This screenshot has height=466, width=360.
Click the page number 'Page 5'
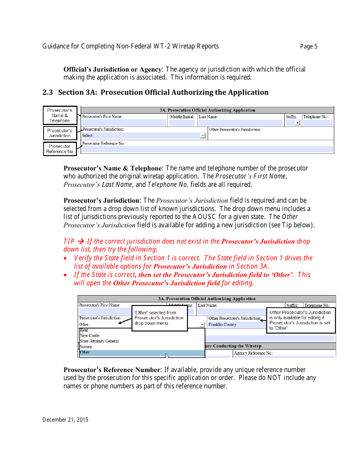pos(308,47)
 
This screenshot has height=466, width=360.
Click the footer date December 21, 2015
pos(65,419)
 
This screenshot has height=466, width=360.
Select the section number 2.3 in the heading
pos(47,92)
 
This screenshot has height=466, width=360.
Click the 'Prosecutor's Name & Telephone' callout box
pos(60,116)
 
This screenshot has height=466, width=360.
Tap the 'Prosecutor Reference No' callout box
pos(59,149)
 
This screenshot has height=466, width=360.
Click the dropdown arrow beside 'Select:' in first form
pos(203,136)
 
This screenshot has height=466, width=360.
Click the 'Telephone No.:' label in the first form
pos(316,117)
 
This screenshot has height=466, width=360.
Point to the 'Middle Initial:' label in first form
pos(182,117)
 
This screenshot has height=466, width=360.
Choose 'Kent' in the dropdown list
pos(84,330)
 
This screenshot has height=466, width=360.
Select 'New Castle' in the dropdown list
pos(90,336)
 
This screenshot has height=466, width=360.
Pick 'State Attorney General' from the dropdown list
pos(99,341)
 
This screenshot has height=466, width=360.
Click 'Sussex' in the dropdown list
pos(86,347)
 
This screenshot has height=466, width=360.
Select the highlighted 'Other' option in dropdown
pos(85,352)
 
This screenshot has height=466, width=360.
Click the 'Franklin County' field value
pos(222,325)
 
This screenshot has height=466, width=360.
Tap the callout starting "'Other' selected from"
pos(154,318)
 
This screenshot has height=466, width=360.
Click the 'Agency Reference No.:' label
pos(254,353)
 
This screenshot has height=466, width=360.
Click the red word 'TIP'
pos(69,241)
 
